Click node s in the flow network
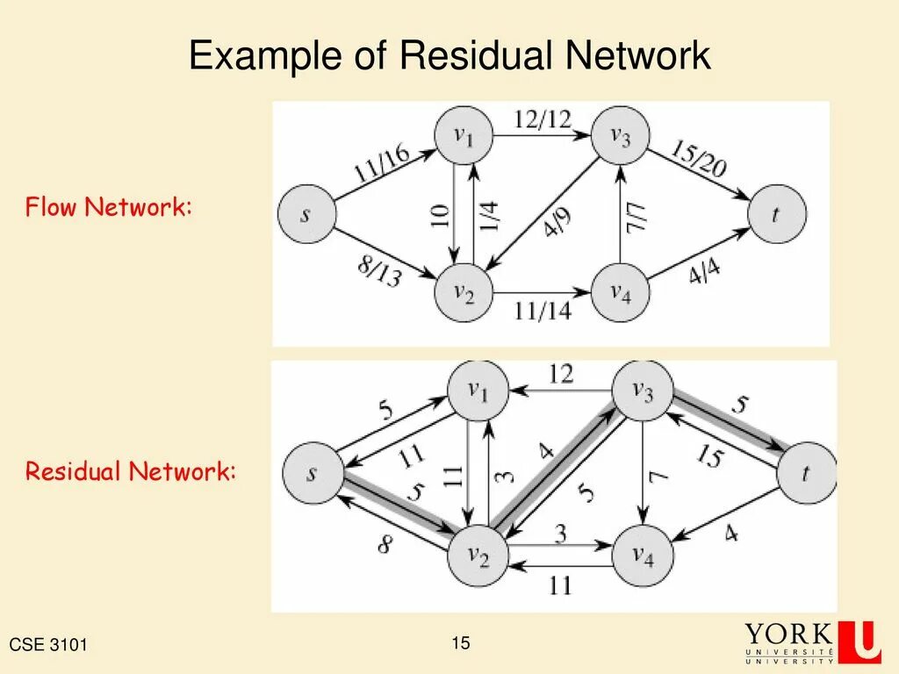[305, 215]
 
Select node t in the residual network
[807, 474]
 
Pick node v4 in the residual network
[643, 556]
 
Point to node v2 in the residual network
[478, 556]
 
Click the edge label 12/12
[542, 119]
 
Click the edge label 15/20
[698, 158]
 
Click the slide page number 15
[461, 643]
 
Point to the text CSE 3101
[48, 646]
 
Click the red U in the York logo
[859, 641]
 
